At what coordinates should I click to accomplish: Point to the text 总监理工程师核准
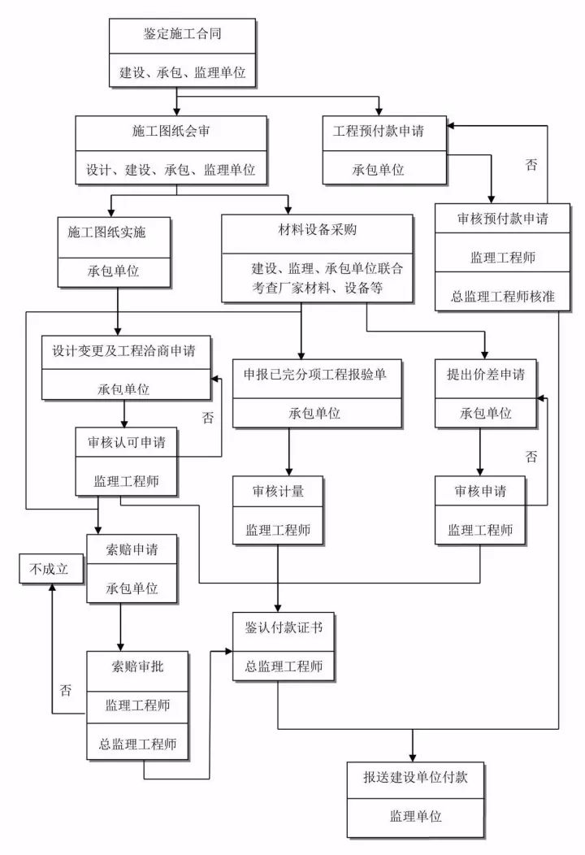[x=503, y=297]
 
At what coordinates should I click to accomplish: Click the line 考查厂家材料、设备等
[x=317, y=287]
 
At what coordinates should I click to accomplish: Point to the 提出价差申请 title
[x=485, y=375]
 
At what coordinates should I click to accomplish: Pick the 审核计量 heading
[x=278, y=492]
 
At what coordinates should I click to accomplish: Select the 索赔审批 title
[x=137, y=666]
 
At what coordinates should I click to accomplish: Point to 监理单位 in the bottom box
[x=414, y=816]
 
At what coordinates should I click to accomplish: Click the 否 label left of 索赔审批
[x=65, y=690]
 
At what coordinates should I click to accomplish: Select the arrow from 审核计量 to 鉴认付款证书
[x=279, y=577]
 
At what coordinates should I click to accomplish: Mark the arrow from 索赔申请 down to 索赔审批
[x=120, y=626]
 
